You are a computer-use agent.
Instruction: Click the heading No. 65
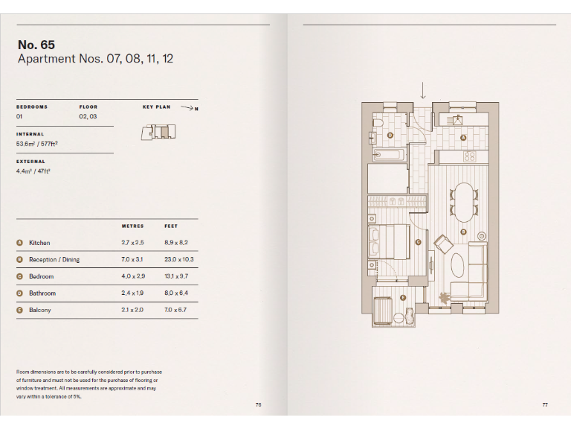click(x=36, y=45)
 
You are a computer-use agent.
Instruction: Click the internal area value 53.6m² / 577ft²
click(x=37, y=143)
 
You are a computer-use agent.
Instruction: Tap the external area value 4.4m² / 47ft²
click(x=33, y=171)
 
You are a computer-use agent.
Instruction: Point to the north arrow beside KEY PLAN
click(x=187, y=108)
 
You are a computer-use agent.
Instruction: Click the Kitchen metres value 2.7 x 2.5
click(x=132, y=243)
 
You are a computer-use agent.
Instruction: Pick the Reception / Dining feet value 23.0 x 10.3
click(x=179, y=260)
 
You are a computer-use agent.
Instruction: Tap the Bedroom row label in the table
click(x=41, y=276)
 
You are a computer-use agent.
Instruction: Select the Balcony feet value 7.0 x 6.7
click(x=175, y=310)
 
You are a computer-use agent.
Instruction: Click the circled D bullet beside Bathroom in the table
click(x=20, y=293)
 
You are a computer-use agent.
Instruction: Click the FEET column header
click(x=171, y=226)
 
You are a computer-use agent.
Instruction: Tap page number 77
click(x=545, y=404)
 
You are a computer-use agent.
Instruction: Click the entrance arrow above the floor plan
click(x=423, y=90)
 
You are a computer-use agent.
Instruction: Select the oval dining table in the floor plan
click(x=465, y=202)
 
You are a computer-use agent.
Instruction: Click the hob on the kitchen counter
click(x=469, y=156)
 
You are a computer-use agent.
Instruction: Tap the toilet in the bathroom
click(x=378, y=123)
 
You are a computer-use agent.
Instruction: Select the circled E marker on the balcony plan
click(x=403, y=298)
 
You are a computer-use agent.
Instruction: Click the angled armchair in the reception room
click(x=443, y=244)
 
